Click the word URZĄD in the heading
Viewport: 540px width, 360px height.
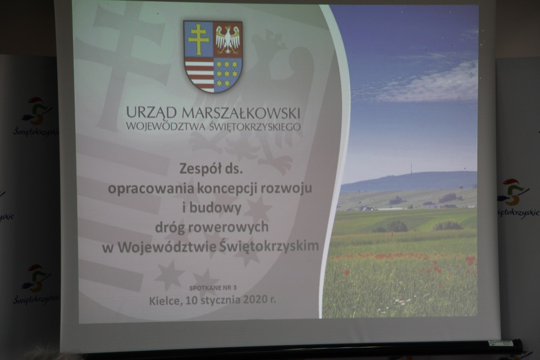click(151, 113)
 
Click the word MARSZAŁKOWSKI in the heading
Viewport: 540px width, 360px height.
click(240, 113)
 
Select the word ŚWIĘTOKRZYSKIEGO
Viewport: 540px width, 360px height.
click(255, 127)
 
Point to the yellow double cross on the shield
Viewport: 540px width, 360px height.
click(198, 40)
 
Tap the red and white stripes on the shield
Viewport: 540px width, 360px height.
click(199, 75)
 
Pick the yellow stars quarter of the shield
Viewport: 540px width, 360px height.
click(227, 74)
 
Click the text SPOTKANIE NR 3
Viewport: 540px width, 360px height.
click(213, 288)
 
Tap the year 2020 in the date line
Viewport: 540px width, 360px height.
click(255, 299)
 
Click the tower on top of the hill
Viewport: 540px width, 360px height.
click(411, 168)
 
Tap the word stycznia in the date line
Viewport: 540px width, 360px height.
click(220, 300)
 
